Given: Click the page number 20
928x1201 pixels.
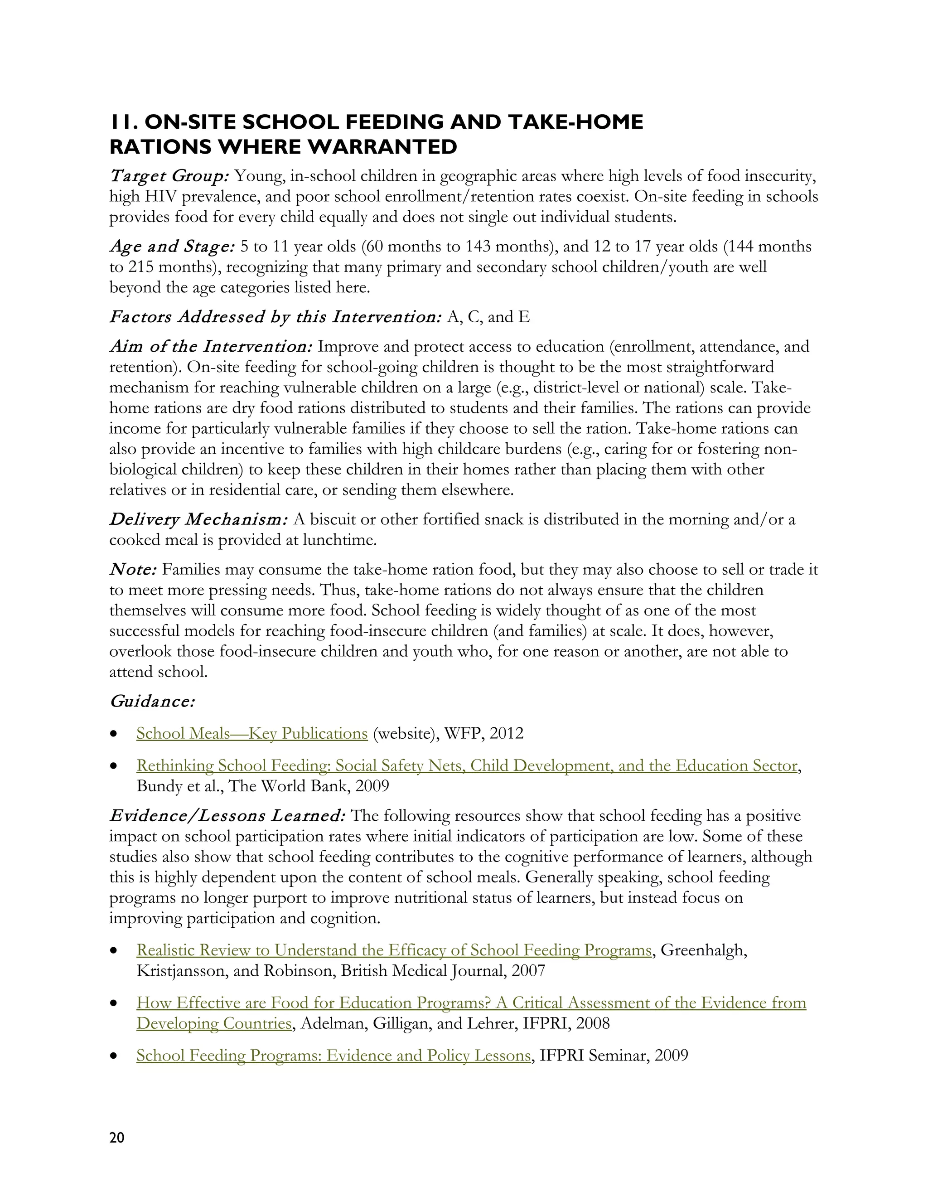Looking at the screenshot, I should click(x=117, y=1137).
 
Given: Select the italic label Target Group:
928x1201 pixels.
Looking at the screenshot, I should click(x=169, y=176).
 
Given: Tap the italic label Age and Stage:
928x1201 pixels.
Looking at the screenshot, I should click(x=172, y=247).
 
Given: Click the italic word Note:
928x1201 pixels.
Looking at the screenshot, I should click(x=134, y=569).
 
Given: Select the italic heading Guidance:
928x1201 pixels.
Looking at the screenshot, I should click(x=152, y=701).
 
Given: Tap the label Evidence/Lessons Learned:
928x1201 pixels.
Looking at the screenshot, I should click(x=227, y=815).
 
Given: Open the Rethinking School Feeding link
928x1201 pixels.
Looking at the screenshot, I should click(x=466, y=765).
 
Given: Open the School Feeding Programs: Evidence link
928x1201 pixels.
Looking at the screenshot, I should click(x=333, y=1055).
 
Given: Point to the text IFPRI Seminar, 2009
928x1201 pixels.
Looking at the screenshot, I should click(x=614, y=1055).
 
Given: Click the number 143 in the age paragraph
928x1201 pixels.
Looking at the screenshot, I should click(x=481, y=247).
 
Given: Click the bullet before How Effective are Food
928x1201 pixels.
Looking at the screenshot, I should click(x=114, y=1003).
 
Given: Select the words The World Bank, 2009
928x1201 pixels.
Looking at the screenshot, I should click(x=309, y=786).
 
